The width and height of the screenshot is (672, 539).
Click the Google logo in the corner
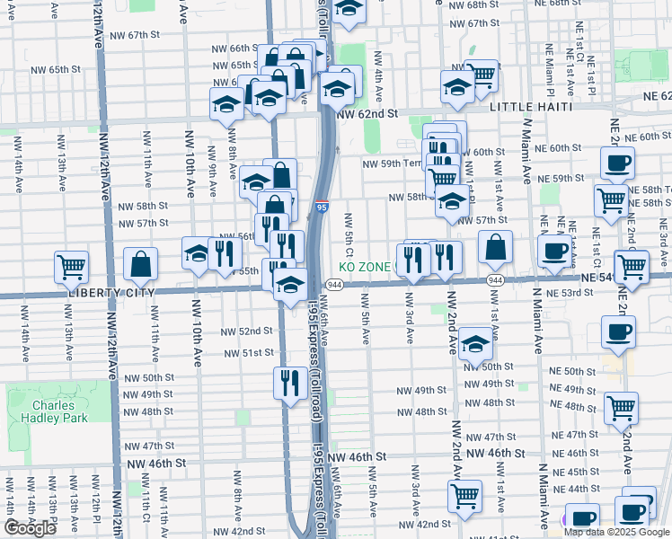point(30,528)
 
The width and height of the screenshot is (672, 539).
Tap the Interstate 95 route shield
point(322,208)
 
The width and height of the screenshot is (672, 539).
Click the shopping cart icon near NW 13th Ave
point(71,266)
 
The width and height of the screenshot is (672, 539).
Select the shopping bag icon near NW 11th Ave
point(141,264)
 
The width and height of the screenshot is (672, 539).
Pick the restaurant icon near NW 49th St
point(290,383)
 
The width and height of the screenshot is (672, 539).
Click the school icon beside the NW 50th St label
point(475,343)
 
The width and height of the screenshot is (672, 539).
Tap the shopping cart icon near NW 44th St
point(464,495)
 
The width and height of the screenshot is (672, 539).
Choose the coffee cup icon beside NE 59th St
point(617,163)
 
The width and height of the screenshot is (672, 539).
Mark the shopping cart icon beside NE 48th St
point(621,408)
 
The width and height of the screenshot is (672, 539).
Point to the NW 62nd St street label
point(367,114)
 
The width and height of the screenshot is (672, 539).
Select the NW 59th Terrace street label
point(393,164)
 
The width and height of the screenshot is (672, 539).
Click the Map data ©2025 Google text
point(616,532)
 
